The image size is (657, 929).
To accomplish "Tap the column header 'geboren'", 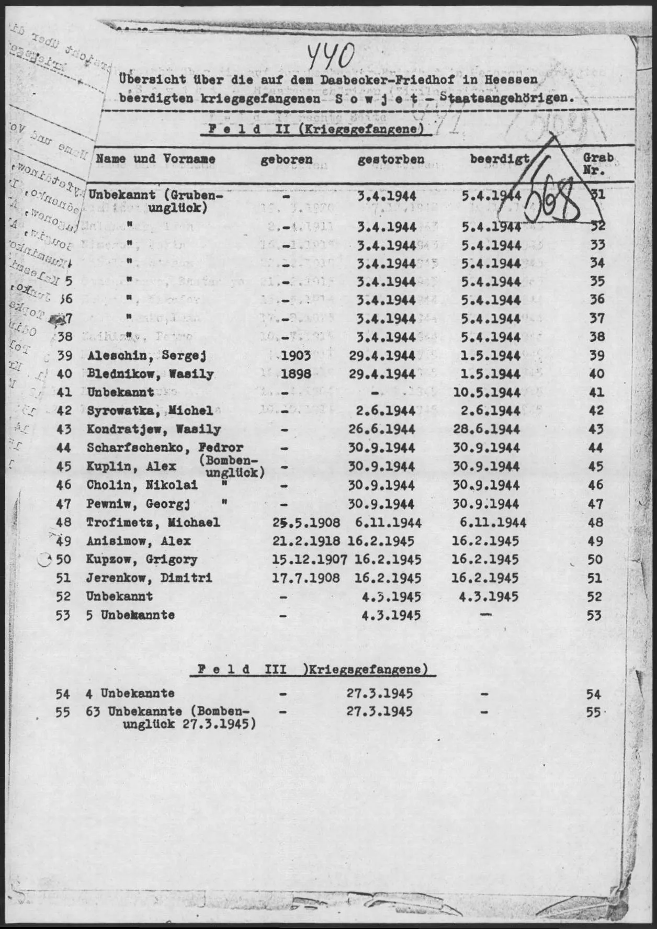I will pyautogui.click(x=286, y=160).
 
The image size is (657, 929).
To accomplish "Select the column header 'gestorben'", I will pyautogui.click(x=391, y=160).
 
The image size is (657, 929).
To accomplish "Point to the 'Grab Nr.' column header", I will pyautogui.click(x=598, y=164).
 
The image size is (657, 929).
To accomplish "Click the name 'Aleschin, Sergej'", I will pyautogui.click(x=146, y=356).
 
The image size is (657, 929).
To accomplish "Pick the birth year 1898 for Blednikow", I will pyautogui.click(x=296, y=375).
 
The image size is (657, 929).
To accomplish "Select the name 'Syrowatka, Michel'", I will pyautogui.click(x=150, y=411).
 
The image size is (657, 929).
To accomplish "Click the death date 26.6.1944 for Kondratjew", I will pyautogui.click(x=382, y=430).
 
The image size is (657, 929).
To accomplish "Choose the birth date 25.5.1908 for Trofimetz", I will pyautogui.click(x=307, y=523).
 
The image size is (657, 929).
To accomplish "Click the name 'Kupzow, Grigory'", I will pyautogui.click(x=142, y=560).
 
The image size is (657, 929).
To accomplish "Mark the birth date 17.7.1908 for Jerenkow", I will pyautogui.click(x=306, y=579).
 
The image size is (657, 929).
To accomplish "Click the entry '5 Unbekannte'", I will pyautogui.click(x=130, y=616).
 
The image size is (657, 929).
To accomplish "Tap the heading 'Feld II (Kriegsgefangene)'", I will pyautogui.click(x=316, y=129).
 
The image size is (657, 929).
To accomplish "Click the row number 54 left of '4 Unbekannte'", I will pyautogui.click(x=63, y=695).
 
